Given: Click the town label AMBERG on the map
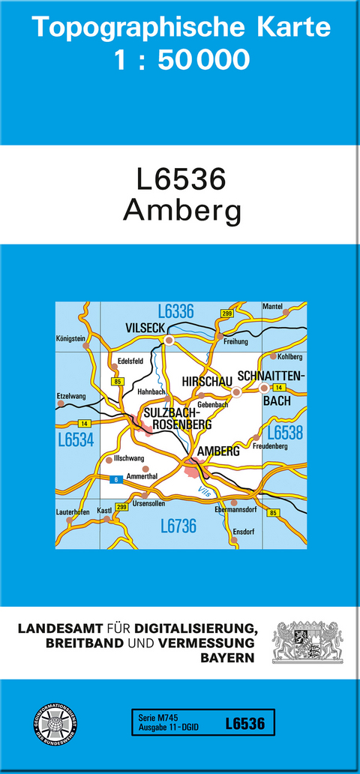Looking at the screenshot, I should pyautogui.click(x=218, y=451).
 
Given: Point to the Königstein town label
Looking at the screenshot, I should pyautogui.click(x=70, y=338).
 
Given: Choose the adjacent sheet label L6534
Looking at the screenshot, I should pyautogui.click(x=75, y=440).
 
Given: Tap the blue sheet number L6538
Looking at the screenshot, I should pyautogui.click(x=285, y=433).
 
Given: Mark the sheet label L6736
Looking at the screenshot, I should pyautogui.click(x=178, y=526).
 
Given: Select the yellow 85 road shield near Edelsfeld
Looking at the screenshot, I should pyautogui.click(x=117, y=382).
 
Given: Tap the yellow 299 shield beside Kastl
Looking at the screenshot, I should pyautogui.click(x=122, y=508).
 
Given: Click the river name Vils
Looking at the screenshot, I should pyautogui.click(x=204, y=490).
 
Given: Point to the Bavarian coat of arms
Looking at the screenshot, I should pyautogui.click(x=307, y=641).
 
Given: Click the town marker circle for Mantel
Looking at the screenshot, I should pyautogui.click(x=286, y=312).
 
